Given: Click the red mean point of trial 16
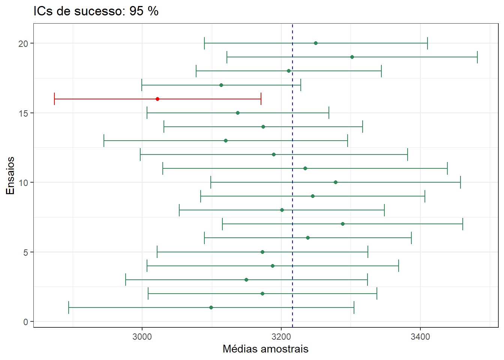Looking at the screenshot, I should tap(157, 99).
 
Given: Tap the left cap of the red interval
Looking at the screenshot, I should tap(54, 99).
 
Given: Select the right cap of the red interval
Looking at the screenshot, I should tap(261, 99).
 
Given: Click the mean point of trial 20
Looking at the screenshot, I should tap(316, 43).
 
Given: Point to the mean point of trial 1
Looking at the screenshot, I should tap(211, 307).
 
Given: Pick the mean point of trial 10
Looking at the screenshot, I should tap(336, 182).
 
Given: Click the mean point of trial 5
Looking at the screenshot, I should tap(262, 252).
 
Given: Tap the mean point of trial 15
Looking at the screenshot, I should tap(238, 113).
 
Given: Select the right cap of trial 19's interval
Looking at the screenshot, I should tap(477, 57).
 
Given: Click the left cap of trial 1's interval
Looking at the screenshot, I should tap(69, 307).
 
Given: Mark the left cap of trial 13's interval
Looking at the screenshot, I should tap(104, 141).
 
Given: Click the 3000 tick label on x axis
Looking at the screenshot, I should tap(142, 337).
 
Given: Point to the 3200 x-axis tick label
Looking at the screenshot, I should tap(281, 337).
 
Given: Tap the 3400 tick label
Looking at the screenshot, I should tap(420, 337).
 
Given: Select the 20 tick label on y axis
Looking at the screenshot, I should tap(23, 43).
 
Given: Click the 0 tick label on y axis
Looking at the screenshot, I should tap(25, 322).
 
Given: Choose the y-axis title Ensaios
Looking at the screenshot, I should tap(10, 175).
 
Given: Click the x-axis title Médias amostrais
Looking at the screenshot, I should tap(265, 349).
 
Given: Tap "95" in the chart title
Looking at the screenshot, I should tap(136, 11).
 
